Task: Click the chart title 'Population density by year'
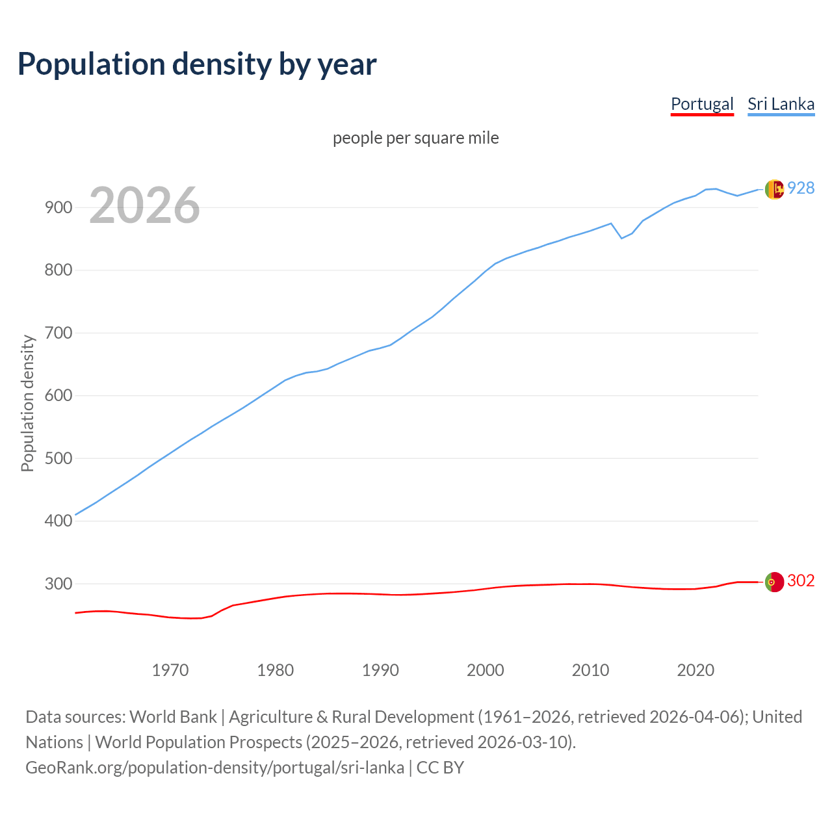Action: point(197,64)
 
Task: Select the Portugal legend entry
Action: point(702,104)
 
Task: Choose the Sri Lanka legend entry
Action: point(781,104)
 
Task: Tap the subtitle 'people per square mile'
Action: point(416,138)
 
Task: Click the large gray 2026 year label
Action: point(144,205)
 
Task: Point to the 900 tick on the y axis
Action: point(58,208)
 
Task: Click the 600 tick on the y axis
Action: point(58,396)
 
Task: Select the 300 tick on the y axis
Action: point(58,584)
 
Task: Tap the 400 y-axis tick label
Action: point(58,521)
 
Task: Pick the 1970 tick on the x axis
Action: point(170,669)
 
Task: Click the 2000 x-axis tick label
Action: point(486,669)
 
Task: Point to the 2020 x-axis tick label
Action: point(695,669)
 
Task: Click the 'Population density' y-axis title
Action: point(27,403)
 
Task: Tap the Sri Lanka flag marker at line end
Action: point(774,189)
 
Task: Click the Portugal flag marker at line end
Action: point(774,582)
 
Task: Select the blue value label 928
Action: point(801,188)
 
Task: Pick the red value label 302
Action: point(801,581)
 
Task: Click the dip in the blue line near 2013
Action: point(621,238)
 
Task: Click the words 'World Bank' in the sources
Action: point(173,717)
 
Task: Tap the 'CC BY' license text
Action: point(440,768)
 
